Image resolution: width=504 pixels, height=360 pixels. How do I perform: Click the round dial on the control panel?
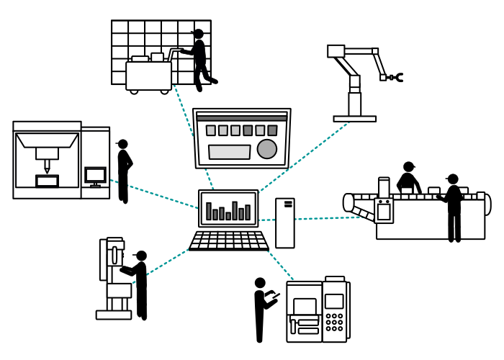coord(267,149)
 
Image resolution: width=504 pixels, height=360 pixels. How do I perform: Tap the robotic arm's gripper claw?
coord(395,76)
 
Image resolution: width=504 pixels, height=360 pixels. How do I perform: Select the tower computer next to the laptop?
coord(285,222)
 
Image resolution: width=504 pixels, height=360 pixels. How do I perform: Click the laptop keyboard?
coord(229,240)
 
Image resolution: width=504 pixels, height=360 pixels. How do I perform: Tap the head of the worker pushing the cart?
coord(198,34)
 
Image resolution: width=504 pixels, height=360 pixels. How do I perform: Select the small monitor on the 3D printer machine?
coord(95,175)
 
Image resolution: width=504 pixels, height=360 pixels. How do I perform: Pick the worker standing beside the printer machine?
coord(124,171)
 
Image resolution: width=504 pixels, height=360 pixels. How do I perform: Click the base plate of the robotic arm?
coord(354,119)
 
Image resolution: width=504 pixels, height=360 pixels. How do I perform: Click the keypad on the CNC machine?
coord(334,321)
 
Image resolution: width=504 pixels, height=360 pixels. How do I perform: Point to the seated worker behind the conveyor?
coord(408,179)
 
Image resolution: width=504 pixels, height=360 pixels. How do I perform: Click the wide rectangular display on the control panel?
coord(230,152)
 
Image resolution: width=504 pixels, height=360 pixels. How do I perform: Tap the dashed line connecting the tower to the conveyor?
coord(328,218)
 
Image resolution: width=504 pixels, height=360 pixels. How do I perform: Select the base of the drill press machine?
coord(114,315)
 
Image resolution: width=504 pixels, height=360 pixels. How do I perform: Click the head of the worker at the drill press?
coord(141,256)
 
